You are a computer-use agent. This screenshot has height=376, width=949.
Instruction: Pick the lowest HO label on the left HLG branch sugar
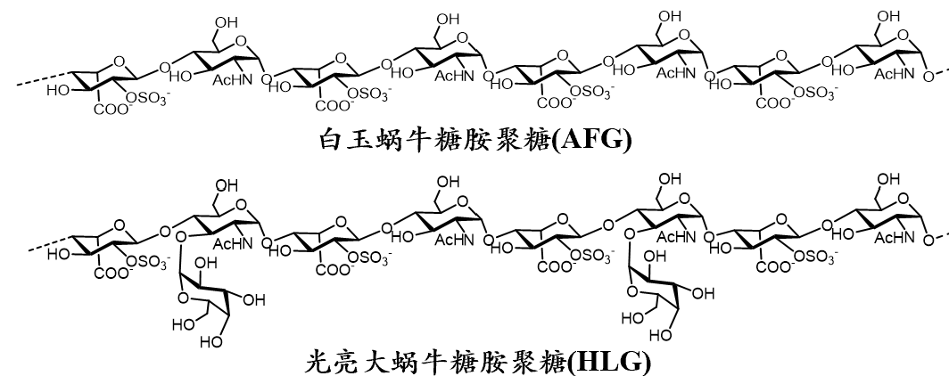pos(210,341)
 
